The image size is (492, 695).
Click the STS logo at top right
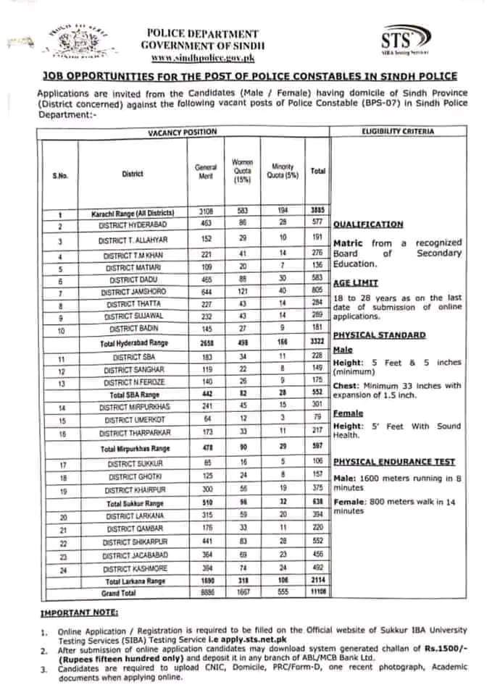coord(405,42)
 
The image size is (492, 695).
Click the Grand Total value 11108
coord(317,591)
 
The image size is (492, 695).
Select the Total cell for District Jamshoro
coord(317,292)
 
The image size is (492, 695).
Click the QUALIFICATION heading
coord(367,225)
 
